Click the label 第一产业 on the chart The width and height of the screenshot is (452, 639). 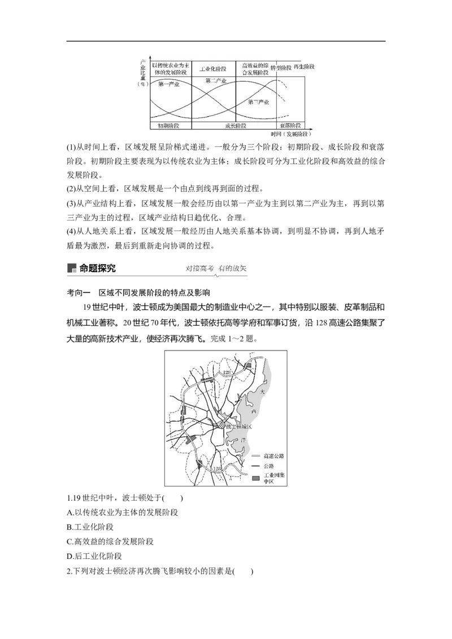click(x=169, y=85)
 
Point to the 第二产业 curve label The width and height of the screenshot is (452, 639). click(x=215, y=81)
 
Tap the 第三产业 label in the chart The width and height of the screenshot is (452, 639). click(x=258, y=102)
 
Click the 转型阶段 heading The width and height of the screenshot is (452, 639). click(x=281, y=68)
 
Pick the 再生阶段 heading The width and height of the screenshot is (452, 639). click(x=304, y=67)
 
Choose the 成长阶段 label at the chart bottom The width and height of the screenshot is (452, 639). click(x=235, y=125)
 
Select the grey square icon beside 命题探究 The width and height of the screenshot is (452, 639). click(x=71, y=269)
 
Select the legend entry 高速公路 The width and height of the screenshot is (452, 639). click(x=271, y=456)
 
